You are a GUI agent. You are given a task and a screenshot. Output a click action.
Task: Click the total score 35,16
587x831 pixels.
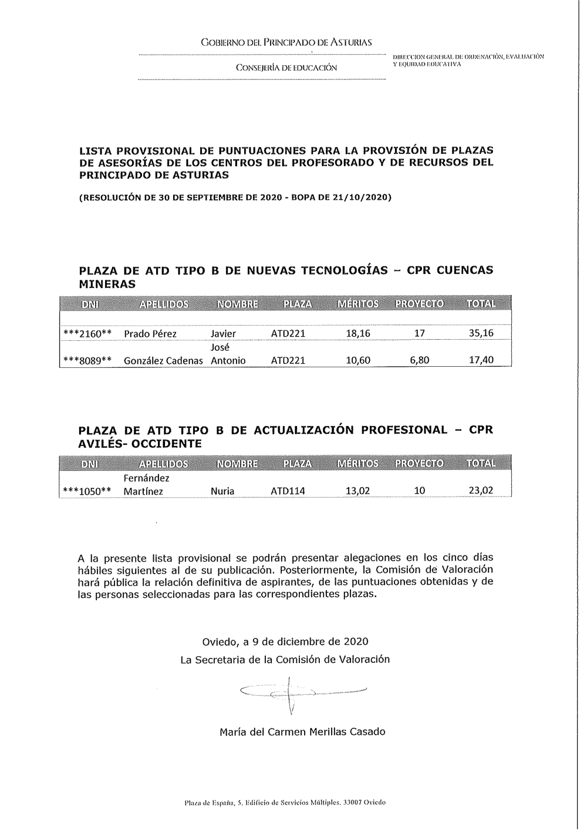[x=481, y=334]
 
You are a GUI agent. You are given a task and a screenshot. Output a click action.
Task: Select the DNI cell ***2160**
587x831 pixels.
[x=87, y=334]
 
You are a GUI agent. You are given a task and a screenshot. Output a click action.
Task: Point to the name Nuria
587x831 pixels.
[x=222, y=491]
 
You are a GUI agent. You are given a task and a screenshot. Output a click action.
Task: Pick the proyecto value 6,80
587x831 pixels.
[x=420, y=360]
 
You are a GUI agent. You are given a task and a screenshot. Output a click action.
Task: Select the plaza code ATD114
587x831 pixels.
[x=288, y=491]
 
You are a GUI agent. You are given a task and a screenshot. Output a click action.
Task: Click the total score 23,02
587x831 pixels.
[x=481, y=490]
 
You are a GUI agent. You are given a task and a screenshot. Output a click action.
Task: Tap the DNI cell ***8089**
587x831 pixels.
[x=87, y=360]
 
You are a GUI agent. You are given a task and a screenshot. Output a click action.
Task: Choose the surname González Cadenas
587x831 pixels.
[x=163, y=360]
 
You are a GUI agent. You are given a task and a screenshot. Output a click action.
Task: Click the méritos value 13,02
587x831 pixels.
[x=357, y=490]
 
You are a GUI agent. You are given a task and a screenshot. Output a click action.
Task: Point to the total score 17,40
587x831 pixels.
[x=481, y=360]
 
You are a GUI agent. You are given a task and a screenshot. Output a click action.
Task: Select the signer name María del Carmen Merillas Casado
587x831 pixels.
[x=302, y=732]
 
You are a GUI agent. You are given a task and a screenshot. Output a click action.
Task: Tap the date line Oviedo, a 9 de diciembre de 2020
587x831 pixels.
[x=285, y=641]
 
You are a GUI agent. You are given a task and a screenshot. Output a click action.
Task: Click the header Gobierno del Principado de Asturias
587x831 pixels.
[x=286, y=43]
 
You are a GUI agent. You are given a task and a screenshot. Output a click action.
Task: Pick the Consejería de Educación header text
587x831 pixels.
[x=286, y=68]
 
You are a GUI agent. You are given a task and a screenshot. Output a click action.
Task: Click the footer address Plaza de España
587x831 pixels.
[x=285, y=802]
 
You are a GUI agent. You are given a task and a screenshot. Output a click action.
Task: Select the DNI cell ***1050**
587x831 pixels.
[x=87, y=491]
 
